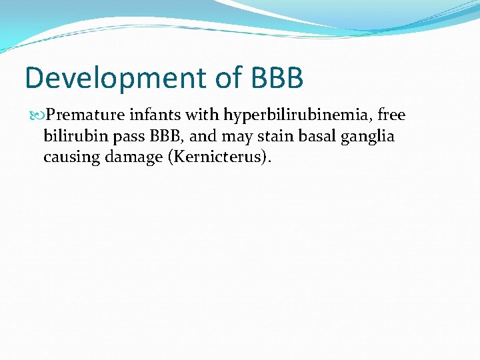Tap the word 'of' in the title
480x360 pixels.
[x=226, y=79]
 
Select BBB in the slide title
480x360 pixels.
[x=278, y=79]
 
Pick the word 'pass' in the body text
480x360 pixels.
[x=121, y=137]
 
